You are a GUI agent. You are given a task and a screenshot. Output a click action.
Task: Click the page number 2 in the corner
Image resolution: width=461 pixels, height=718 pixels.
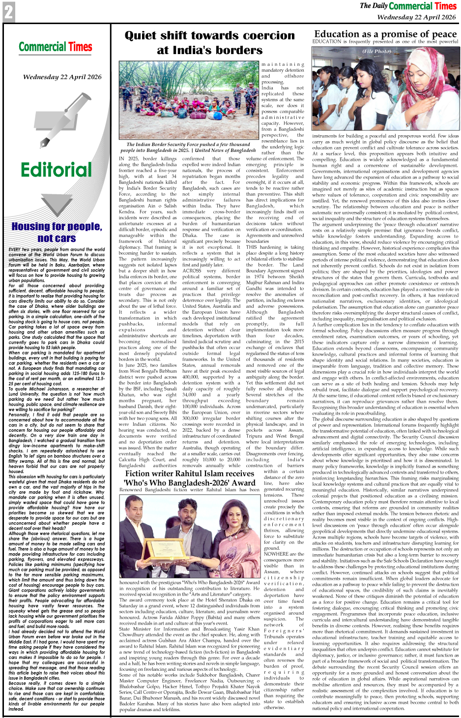(x=8, y=12)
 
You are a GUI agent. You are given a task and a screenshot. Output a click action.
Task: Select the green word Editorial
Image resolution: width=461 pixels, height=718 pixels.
(x=56, y=170)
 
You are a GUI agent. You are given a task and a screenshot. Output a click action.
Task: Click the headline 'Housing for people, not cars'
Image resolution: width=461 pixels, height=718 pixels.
(x=57, y=232)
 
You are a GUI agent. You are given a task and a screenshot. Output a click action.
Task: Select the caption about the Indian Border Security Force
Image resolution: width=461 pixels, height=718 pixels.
(x=188, y=148)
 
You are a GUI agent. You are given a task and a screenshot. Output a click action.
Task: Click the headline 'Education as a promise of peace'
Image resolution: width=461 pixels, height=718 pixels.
(x=385, y=34)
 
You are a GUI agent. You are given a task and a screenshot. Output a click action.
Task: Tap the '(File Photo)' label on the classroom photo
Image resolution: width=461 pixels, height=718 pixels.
(x=377, y=51)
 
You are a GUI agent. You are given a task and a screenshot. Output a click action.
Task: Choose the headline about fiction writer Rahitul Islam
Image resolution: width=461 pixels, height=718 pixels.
(x=190, y=478)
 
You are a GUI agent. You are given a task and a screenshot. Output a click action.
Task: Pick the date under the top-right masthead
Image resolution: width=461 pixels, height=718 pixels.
(x=416, y=17)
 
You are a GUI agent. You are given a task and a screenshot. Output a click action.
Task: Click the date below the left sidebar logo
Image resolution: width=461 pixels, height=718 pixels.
(x=62, y=77)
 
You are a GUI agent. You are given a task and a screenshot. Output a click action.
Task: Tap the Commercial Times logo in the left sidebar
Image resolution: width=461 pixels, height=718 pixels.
(x=56, y=47)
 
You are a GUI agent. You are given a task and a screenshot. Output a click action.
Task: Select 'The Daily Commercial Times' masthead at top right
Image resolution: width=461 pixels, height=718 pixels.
(x=408, y=6)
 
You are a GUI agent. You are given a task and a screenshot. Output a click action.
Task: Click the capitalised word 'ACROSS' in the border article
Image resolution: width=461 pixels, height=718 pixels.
(x=192, y=271)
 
